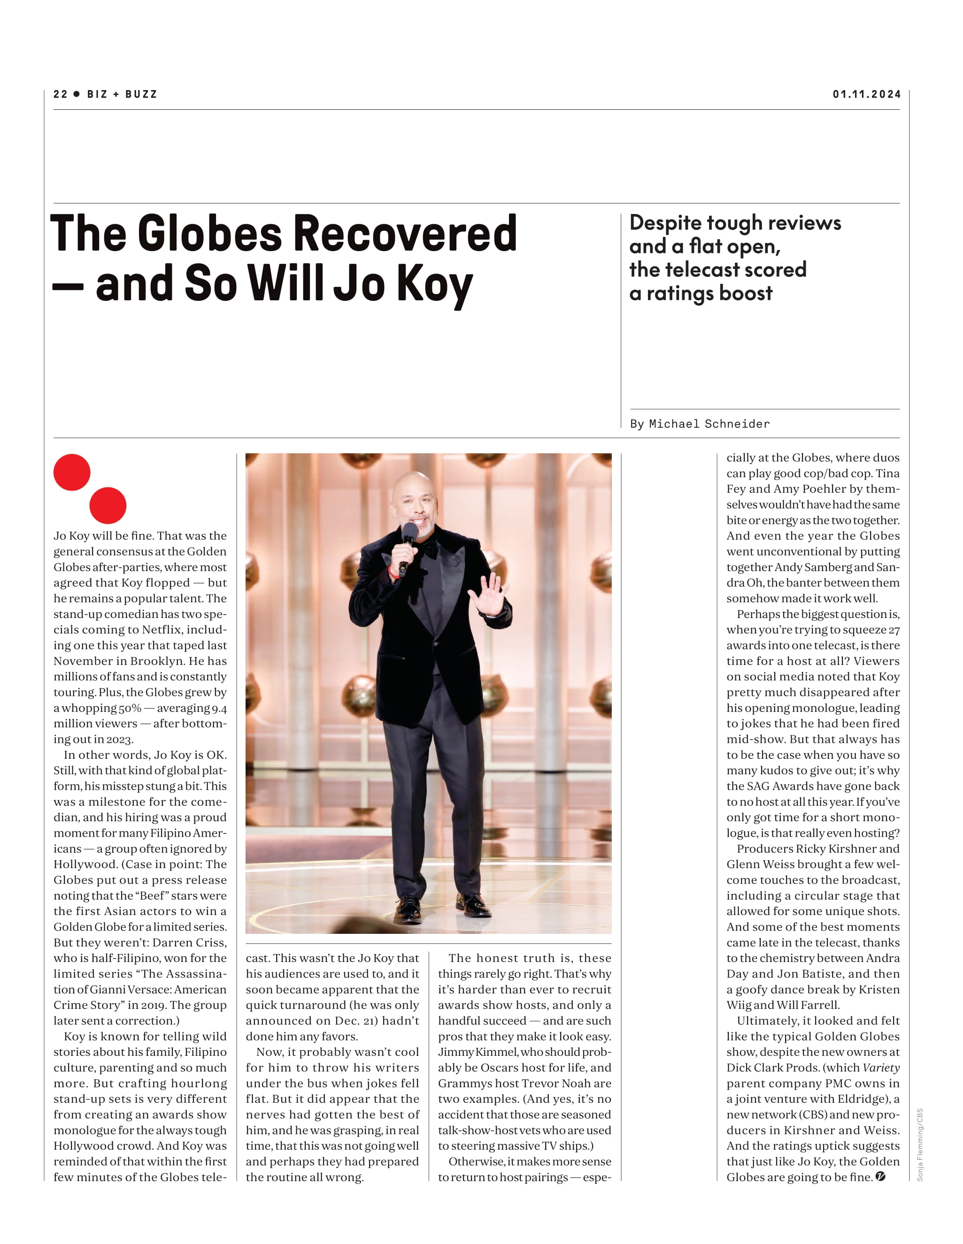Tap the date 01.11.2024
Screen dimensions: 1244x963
(866, 94)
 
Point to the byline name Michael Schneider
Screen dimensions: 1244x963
(709, 424)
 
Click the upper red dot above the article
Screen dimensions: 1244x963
(72, 472)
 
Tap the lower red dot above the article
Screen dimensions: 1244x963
(108, 505)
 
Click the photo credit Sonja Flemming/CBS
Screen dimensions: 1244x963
(919, 1145)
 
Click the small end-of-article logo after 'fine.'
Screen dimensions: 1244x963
(880, 1176)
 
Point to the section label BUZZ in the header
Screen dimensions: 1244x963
(141, 94)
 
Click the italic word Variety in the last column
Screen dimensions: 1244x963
(881, 1068)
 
